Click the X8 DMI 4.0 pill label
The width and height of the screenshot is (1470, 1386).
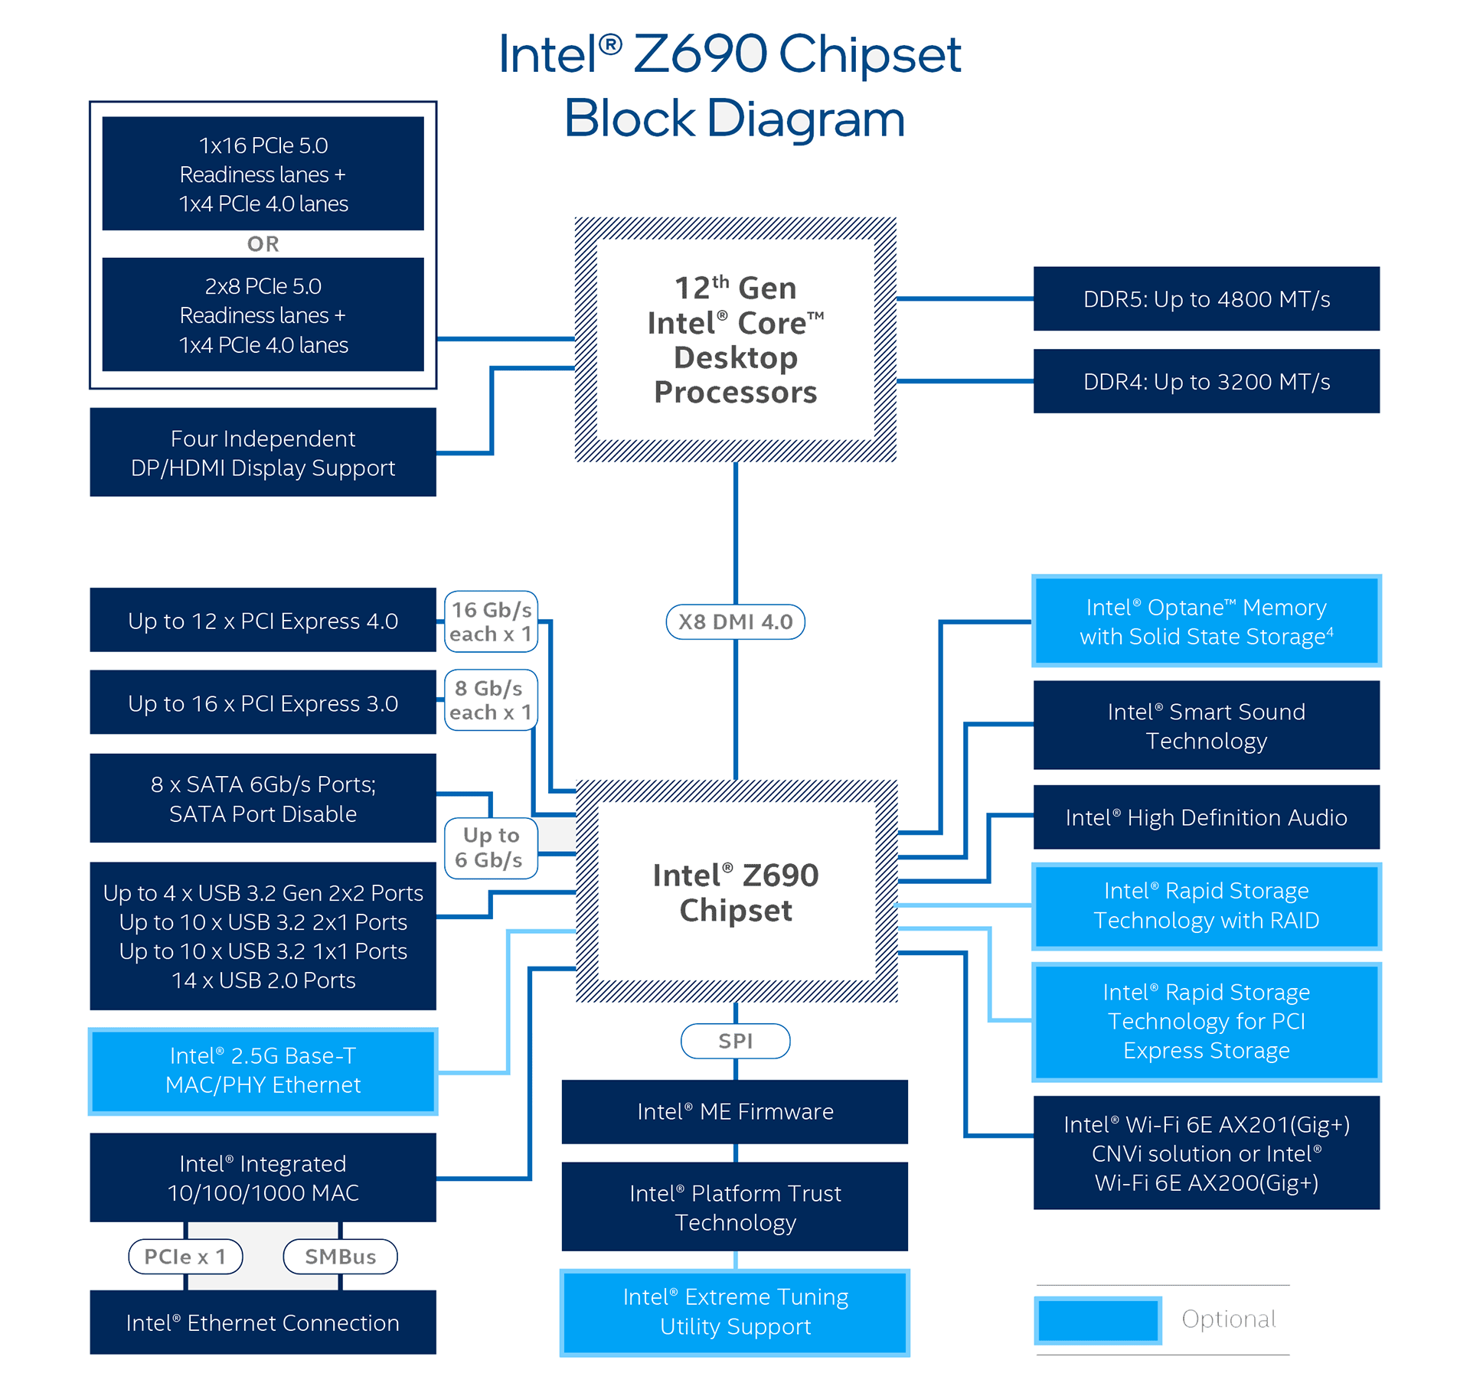pyautogui.click(x=735, y=621)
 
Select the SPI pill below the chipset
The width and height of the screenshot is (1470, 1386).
pyautogui.click(x=735, y=1041)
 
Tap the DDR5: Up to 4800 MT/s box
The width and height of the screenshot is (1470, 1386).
pyautogui.click(x=1206, y=298)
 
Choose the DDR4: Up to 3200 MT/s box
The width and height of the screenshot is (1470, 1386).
pyautogui.click(x=1206, y=381)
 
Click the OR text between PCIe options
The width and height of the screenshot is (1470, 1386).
pyautogui.click(x=263, y=244)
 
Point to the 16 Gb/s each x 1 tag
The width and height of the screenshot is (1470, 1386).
pyautogui.click(x=491, y=621)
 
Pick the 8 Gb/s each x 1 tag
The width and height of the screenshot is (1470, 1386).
pyautogui.click(x=491, y=700)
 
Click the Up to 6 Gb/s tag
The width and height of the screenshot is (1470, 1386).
pyautogui.click(x=491, y=847)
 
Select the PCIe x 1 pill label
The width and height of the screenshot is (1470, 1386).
pyautogui.click(x=185, y=1257)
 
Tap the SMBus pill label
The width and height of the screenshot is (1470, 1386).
pyautogui.click(x=340, y=1257)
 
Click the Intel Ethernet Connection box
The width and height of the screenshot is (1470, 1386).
pyautogui.click(x=263, y=1322)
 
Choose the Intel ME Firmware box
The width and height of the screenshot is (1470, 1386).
pyautogui.click(x=735, y=1111)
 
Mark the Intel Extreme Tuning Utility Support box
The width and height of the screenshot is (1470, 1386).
pyautogui.click(x=735, y=1312)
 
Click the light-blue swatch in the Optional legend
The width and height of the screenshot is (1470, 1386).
pyautogui.click(x=1098, y=1319)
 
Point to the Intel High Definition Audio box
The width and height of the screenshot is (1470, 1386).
pyautogui.click(x=1206, y=817)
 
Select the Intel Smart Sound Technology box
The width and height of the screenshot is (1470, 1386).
pyautogui.click(x=1206, y=726)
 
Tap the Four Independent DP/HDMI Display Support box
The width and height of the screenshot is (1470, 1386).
pyautogui.click(x=263, y=452)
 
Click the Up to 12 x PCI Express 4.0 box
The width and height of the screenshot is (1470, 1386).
pyautogui.click(x=263, y=620)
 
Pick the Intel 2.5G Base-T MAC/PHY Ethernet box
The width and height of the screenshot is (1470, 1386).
pyautogui.click(x=263, y=1070)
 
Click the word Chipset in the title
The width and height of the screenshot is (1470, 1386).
pyautogui.click(x=870, y=55)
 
